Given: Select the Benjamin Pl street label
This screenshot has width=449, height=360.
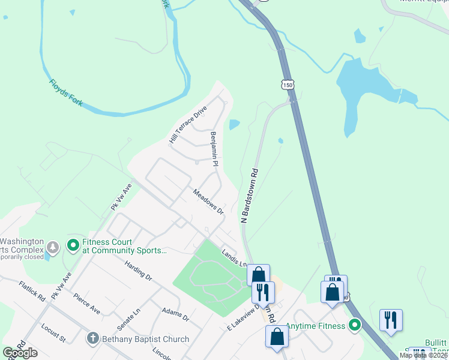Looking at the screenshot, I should (x=214, y=149).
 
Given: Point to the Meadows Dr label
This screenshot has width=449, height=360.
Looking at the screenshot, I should (x=208, y=202).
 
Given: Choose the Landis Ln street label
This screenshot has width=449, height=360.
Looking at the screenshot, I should (x=234, y=259).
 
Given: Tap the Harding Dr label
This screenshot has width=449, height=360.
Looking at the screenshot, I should (x=139, y=271).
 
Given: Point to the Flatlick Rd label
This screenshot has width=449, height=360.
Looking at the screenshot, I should (x=32, y=291).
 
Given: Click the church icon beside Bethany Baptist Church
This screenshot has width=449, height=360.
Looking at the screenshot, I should (x=92, y=339).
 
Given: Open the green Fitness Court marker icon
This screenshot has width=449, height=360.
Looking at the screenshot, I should (x=73, y=245).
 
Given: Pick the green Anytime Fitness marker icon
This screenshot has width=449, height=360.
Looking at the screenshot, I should (x=355, y=326).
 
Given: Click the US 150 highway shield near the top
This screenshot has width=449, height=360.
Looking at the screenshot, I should (x=289, y=86).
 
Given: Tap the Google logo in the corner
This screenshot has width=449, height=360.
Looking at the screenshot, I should (x=20, y=352).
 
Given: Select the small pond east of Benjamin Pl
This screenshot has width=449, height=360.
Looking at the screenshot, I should (x=234, y=125).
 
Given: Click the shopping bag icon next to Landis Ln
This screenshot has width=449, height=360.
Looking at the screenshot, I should (x=258, y=274).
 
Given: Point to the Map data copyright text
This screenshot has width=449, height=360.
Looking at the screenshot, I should (x=424, y=355).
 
